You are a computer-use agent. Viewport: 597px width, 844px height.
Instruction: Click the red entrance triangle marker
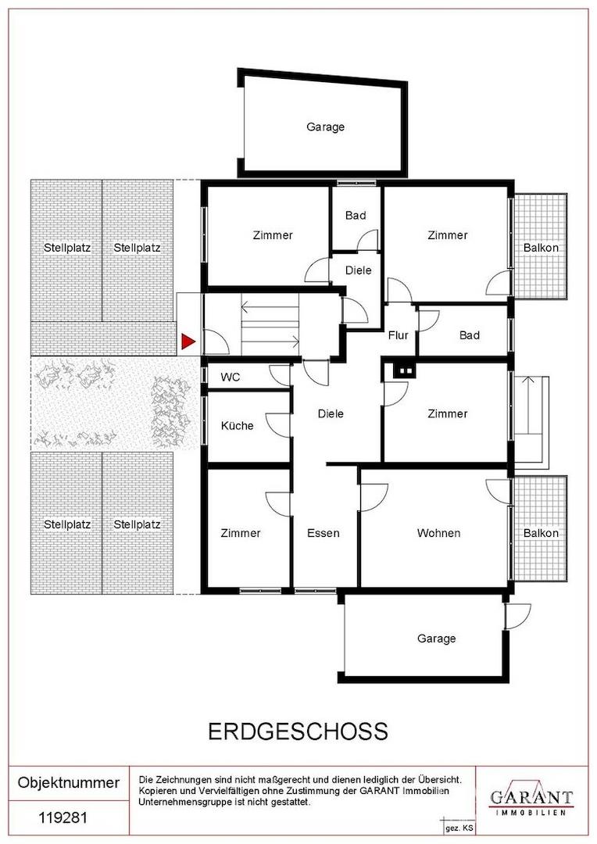pyautogui.click(x=188, y=342)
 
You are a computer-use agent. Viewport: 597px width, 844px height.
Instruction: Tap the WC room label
pyautogui.click(x=231, y=377)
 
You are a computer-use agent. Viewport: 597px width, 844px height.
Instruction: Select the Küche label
pyautogui.click(x=237, y=425)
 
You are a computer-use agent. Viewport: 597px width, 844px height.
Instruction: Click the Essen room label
pyautogui.click(x=323, y=533)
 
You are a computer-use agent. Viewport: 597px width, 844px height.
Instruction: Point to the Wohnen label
pyautogui.click(x=438, y=533)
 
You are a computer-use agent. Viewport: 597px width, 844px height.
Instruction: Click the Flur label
pyautogui.click(x=399, y=335)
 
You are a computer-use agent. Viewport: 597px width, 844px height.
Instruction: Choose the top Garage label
pyautogui.click(x=325, y=127)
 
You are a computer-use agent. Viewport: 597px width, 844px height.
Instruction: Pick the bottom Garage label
pyautogui.click(x=437, y=638)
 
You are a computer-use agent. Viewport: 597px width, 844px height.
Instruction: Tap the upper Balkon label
pyautogui.click(x=541, y=248)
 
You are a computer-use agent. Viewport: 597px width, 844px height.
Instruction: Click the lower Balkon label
pyautogui.click(x=541, y=533)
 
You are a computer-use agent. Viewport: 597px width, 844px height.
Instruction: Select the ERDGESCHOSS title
pyautogui.click(x=298, y=731)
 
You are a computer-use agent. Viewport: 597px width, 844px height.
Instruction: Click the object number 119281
pyautogui.click(x=63, y=818)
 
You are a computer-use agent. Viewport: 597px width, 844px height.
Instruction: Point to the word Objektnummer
pyautogui.click(x=68, y=782)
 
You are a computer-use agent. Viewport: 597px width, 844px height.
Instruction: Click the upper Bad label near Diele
pyautogui.click(x=356, y=216)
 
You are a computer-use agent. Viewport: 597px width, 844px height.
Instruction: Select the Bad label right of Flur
pyautogui.click(x=470, y=335)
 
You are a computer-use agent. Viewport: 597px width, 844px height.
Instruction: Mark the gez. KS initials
pyautogui.click(x=452, y=828)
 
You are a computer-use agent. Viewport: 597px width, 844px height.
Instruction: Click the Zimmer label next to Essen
pyautogui.click(x=241, y=533)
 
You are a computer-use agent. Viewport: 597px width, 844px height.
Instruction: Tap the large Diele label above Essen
pyautogui.click(x=331, y=414)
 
